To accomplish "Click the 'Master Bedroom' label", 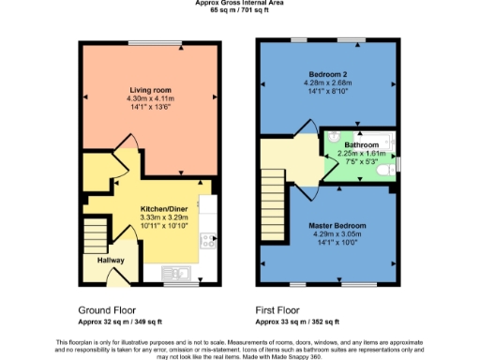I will point(337,226).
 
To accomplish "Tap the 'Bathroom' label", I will point(362,145).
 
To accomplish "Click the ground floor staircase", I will point(96,234).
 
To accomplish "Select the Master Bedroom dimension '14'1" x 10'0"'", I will point(337,243).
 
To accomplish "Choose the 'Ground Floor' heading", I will point(103,308).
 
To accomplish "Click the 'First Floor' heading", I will point(277,308).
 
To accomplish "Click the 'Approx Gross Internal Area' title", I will point(240,4).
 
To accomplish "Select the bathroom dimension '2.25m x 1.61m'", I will point(362,154).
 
